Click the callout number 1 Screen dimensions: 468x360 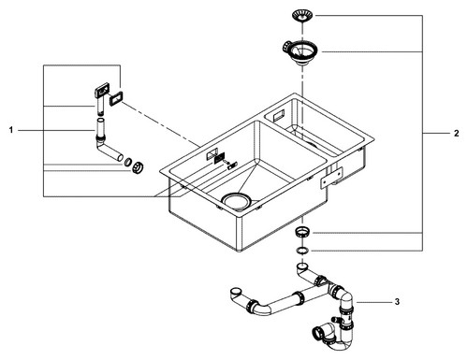coord(11,130)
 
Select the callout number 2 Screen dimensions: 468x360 coord(457,134)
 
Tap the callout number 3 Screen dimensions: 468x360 coord(397,302)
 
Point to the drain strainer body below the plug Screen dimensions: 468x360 coord(300,51)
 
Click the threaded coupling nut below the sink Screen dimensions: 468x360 coord(302,233)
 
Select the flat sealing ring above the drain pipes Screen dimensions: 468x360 coord(302,250)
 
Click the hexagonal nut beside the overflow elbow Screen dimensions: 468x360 coord(138,167)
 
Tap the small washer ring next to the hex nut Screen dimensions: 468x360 coord(127,162)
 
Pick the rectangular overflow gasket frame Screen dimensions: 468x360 coord(116,99)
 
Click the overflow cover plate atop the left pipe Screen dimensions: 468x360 coord(102,90)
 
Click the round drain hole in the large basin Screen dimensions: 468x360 coord(236,201)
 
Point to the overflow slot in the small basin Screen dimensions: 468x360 coord(278,116)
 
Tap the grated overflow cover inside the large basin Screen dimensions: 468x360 coord(220,158)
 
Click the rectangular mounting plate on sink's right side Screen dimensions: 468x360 coord(332,178)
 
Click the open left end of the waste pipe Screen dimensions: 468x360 coord(236,293)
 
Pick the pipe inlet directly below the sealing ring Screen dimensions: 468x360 coord(301,266)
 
